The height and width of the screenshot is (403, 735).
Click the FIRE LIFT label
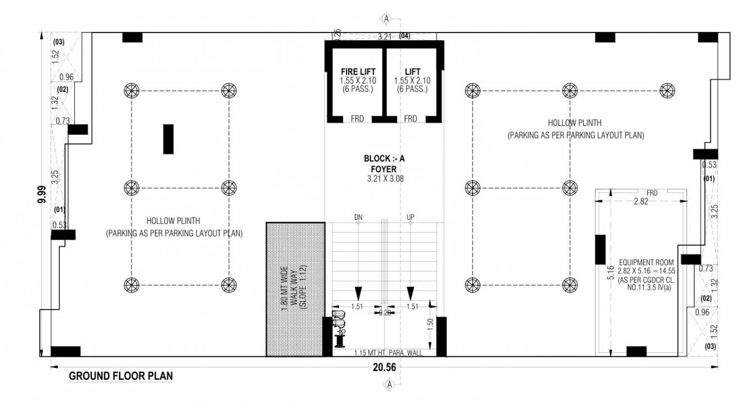tap(358, 72)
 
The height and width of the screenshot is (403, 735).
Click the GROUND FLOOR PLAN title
tap(120, 377)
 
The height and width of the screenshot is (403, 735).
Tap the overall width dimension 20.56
tap(384, 368)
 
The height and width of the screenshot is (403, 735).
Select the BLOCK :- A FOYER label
tap(384, 164)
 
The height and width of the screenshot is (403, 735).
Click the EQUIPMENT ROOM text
tap(643, 263)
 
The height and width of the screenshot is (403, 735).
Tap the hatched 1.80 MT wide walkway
tap(294, 289)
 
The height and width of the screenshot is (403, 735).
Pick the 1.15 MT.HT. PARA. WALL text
tap(388, 353)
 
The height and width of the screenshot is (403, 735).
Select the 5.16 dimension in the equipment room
tap(610, 272)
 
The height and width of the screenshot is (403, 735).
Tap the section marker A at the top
tap(387, 19)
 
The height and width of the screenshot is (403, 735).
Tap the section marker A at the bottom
tap(390, 385)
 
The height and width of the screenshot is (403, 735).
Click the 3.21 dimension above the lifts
tap(384, 37)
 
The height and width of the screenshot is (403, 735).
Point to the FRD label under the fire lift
tap(357, 119)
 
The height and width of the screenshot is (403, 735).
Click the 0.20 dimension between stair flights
tap(384, 312)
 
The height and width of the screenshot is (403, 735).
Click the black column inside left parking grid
tap(168, 139)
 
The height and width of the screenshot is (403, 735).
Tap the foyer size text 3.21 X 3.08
tap(384, 179)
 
